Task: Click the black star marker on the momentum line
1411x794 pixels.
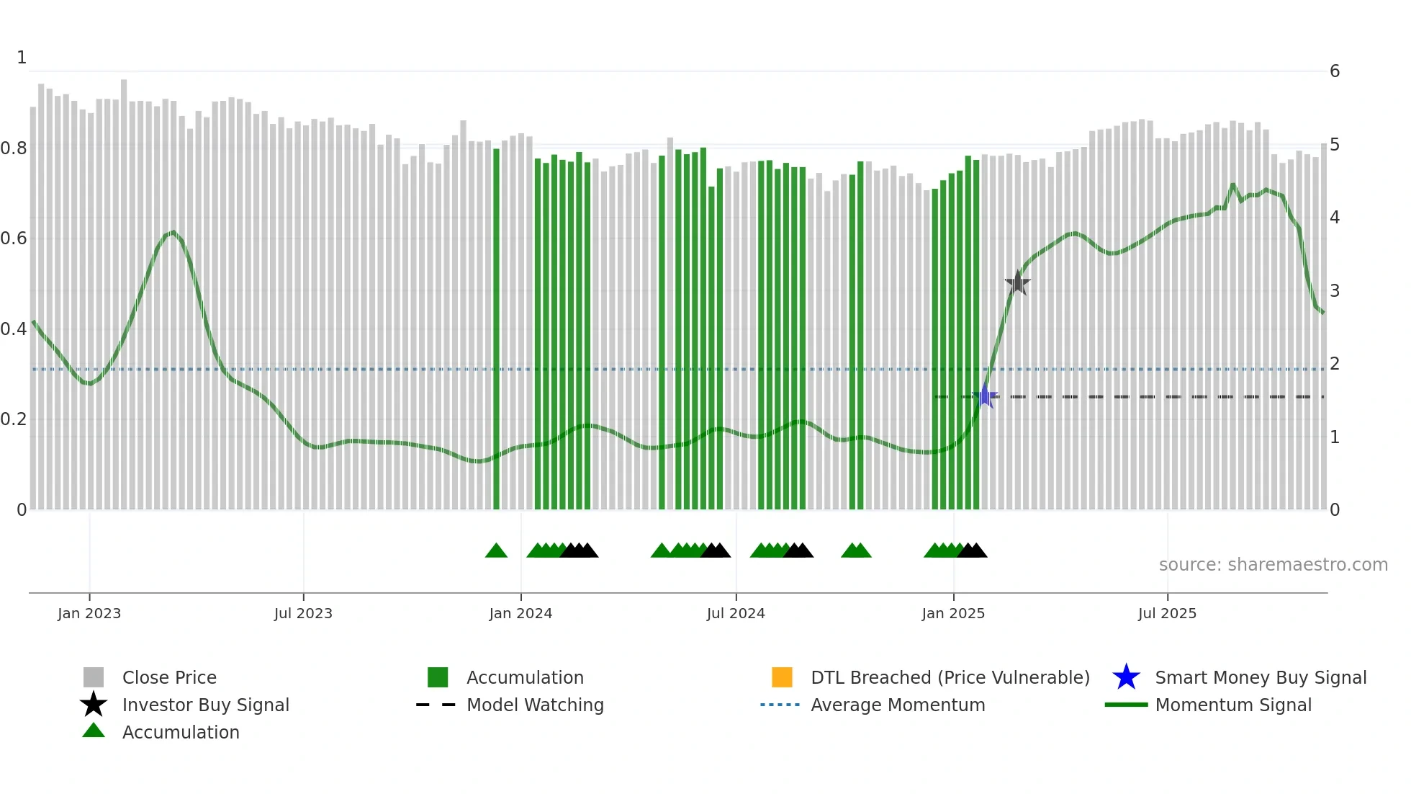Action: tap(1017, 283)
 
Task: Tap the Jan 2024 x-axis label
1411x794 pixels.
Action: tap(520, 613)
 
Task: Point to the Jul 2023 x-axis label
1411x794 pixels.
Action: tap(303, 613)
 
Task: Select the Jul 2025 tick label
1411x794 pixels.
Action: tap(1167, 613)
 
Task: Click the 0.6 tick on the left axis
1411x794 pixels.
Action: tap(14, 238)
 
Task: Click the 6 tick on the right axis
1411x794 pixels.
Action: tap(1335, 71)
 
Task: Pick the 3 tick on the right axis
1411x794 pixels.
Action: tap(1335, 291)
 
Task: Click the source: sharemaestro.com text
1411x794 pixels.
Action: tap(1273, 565)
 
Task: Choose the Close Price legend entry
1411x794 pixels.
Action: tap(169, 677)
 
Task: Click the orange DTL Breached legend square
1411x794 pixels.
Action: tap(782, 677)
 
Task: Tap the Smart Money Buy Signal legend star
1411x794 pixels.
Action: tap(1126, 677)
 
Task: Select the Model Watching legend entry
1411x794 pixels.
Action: tap(535, 705)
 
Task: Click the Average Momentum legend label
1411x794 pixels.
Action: tap(898, 705)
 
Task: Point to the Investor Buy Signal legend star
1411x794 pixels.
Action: tap(94, 705)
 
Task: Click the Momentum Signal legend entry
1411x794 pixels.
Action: tap(1232, 705)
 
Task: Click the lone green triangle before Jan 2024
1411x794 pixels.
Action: tap(496, 551)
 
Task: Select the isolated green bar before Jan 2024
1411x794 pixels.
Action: tap(496, 331)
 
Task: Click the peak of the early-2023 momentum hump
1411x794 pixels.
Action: tap(173, 232)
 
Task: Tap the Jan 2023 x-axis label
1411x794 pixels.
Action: tap(89, 613)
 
